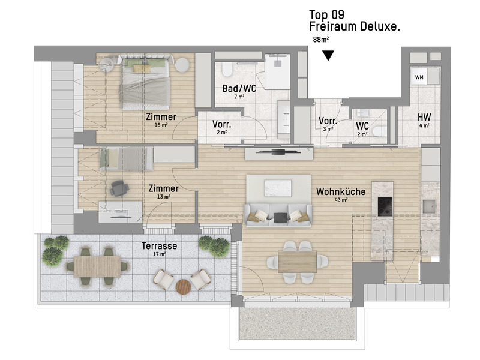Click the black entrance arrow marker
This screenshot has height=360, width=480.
click(x=328, y=56)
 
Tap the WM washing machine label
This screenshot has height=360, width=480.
click(x=419, y=77)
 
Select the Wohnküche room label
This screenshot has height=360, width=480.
click(x=341, y=191)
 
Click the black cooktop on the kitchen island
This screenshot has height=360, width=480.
click(x=385, y=206)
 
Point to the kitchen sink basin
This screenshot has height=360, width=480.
click(x=430, y=206)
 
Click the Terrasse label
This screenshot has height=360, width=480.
click(x=159, y=246)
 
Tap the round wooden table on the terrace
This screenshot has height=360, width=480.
click(x=184, y=287)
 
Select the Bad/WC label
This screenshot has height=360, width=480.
click(x=239, y=89)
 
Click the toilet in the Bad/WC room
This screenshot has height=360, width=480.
click(x=227, y=70)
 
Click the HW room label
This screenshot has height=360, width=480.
click(x=424, y=117)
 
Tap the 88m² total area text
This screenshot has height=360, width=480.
click(x=321, y=40)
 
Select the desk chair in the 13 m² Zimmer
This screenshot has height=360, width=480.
click(x=119, y=188)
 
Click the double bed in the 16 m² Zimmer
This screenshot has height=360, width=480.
click(x=145, y=82)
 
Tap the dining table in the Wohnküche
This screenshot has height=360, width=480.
click(x=297, y=262)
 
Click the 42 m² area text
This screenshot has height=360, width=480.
click(x=341, y=200)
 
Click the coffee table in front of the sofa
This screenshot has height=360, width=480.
click(x=278, y=188)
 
